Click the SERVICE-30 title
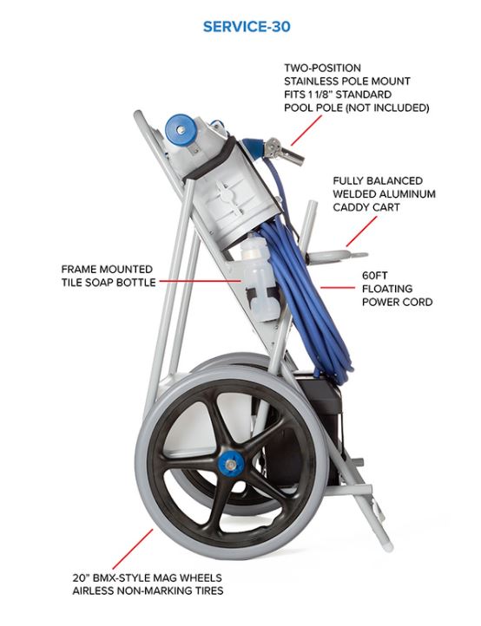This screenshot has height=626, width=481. (x=247, y=27)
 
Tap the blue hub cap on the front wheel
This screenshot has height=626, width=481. (x=231, y=464)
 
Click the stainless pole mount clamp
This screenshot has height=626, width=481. (x=284, y=151)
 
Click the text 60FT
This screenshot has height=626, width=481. (x=375, y=276)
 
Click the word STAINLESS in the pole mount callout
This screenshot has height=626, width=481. (x=310, y=81)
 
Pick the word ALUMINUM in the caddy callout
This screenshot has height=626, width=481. (x=407, y=194)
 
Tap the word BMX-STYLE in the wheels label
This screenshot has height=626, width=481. (x=121, y=577)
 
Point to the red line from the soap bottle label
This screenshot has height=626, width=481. (x=201, y=281)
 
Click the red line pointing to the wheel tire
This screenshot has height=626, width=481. (x=133, y=549)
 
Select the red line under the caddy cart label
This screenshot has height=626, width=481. (x=361, y=231)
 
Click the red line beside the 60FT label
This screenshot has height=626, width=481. (x=338, y=287)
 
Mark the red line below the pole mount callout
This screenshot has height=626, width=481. (x=306, y=131)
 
